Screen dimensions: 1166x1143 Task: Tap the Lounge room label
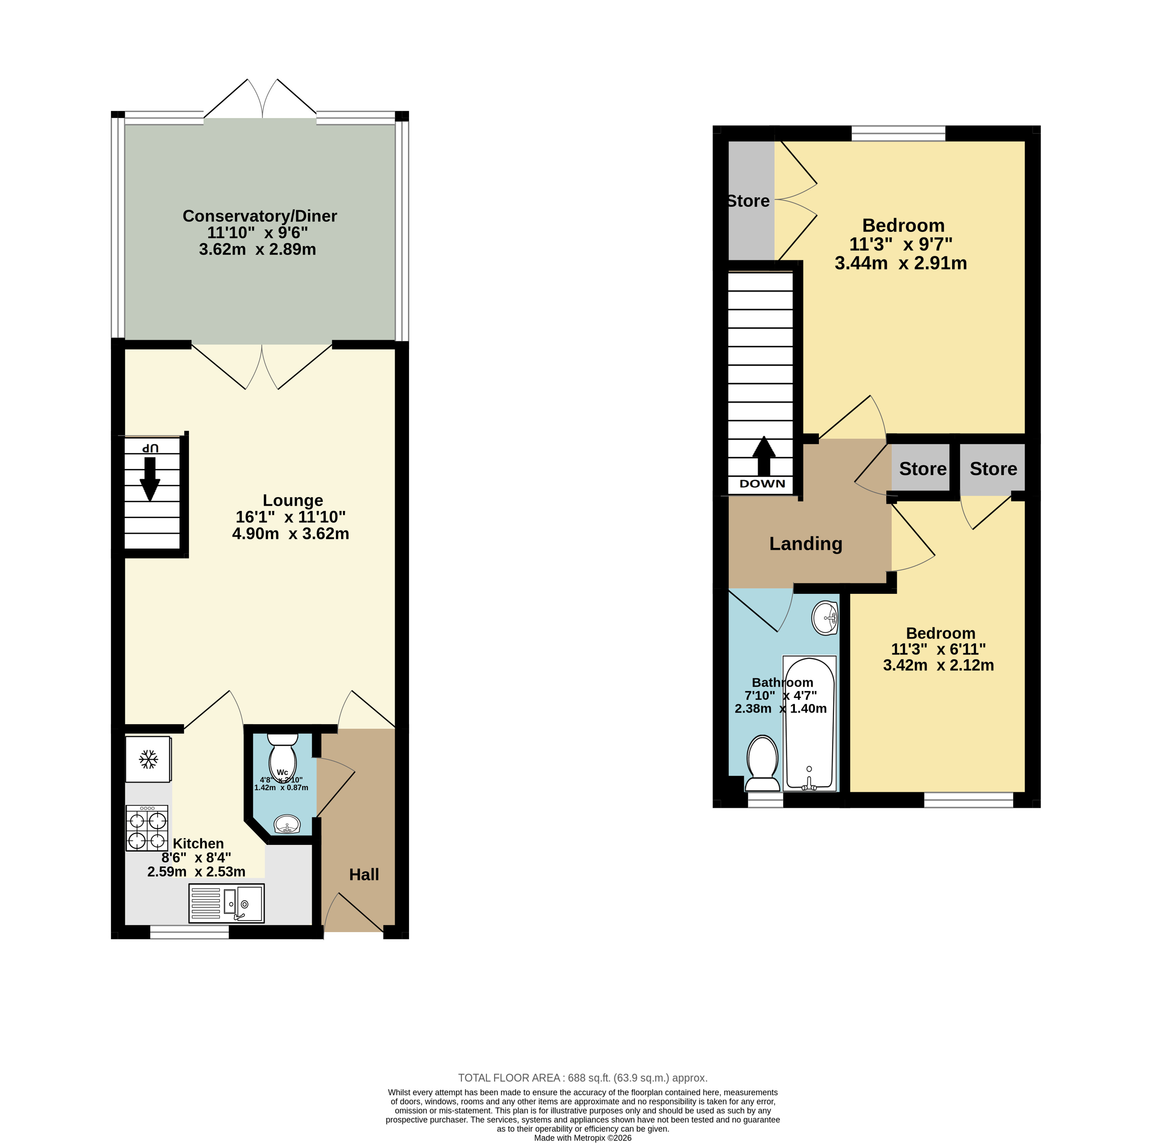tap(293, 500)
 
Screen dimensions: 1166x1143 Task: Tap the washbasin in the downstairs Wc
tap(287, 824)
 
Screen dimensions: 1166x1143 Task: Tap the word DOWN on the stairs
tap(762, 484)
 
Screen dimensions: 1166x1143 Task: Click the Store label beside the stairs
tap(748, 201)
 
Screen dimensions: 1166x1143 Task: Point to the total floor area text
tap(583, 1077)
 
